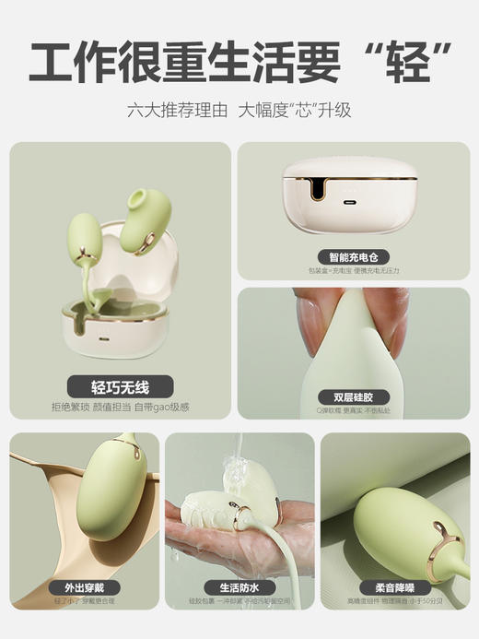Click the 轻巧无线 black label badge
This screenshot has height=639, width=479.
[120, 385]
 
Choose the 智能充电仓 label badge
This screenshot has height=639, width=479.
[354, 256]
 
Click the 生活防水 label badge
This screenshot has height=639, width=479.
[239, 586]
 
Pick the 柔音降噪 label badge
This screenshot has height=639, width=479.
[394, 586]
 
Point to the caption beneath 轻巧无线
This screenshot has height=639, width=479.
[120, 407]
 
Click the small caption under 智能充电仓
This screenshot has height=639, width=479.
[354, 271]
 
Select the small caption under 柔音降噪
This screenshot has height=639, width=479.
[394, 601]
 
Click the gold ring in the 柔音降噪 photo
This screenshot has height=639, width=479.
[444, 536]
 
